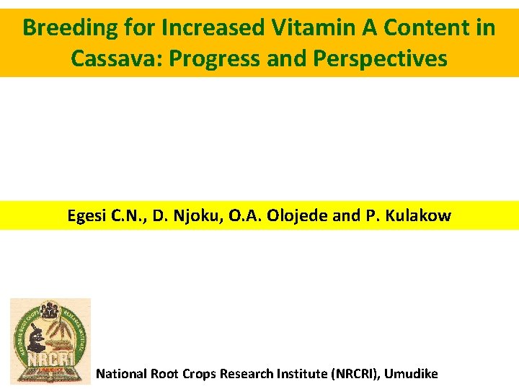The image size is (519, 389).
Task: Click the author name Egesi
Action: [87, 215]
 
